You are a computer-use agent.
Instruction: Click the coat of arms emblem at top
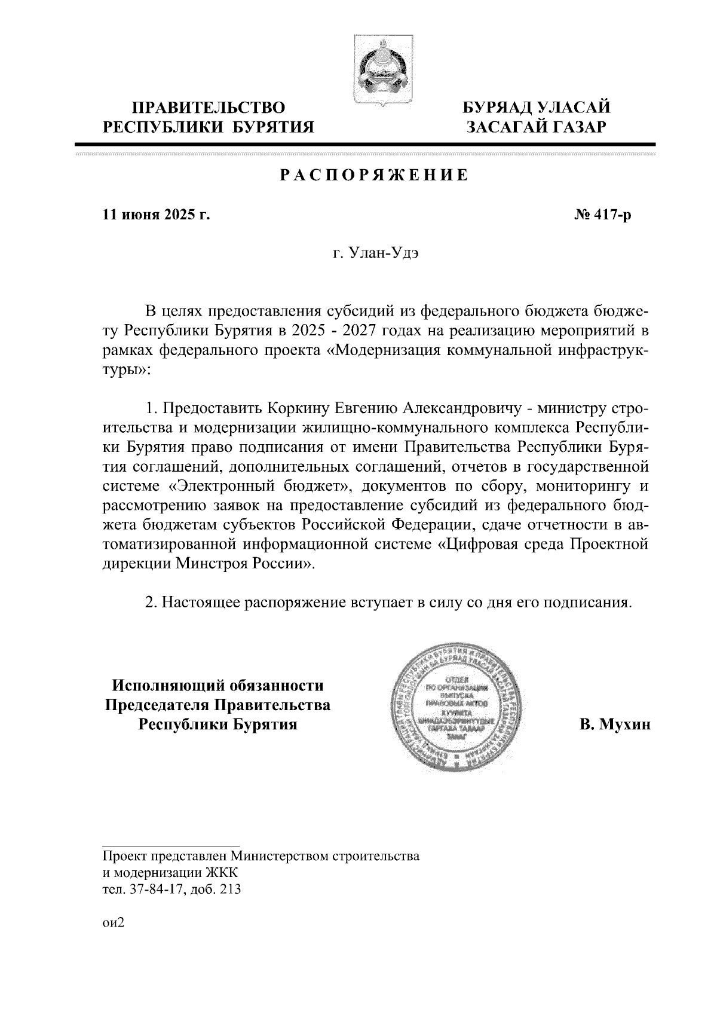[x=376, y=72]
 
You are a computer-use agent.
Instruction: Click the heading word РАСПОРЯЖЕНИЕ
[x=366, y=176]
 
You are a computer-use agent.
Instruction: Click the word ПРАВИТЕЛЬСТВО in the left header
[x=209, y=108]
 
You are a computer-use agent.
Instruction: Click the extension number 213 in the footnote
[x=230, y=889]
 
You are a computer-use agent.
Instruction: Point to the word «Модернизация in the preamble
[x=391, y=351]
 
